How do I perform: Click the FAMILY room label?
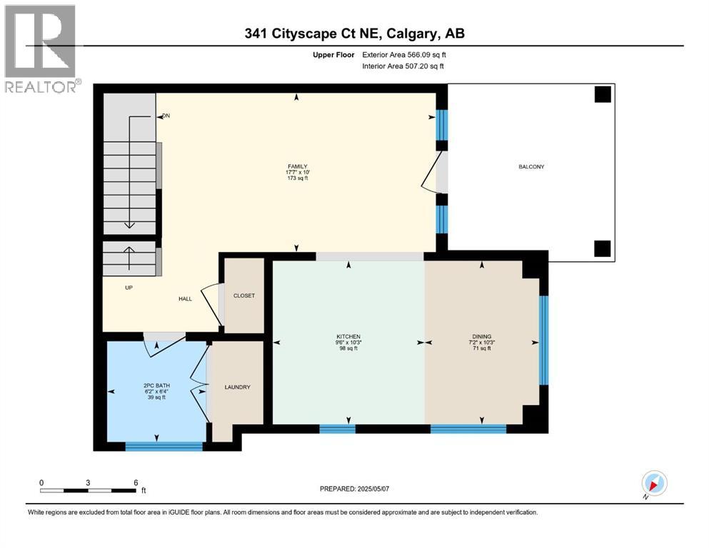pyautogui.click(x=297, y=167)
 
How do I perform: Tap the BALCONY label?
pyautogui.click(x=531, y=167)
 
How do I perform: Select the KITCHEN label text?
pyautogui.click(x=348, y=336)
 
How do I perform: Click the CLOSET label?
pyautogui.click(x=244, y=295)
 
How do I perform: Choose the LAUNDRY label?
pyautogui.click(x=237, y=387)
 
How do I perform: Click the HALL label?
pyautogui.click(x=186, y=299)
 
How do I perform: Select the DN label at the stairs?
pyautogui.click(x=166, y=116)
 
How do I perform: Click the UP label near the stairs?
pyautogui.click(x=129, y=288)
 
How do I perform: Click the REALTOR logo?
pyautogui.click(x=41, y=48)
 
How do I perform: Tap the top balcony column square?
pyautogui.click(x=603, y=94)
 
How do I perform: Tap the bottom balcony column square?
pyautogui.click(x=603, y=248)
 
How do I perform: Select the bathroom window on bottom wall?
pyautogui.click(x=164, y=446)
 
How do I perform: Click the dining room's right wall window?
pyautogui.click(x=543, y=340)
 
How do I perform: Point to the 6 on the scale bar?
pyautogui.click(x=136, y=482)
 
